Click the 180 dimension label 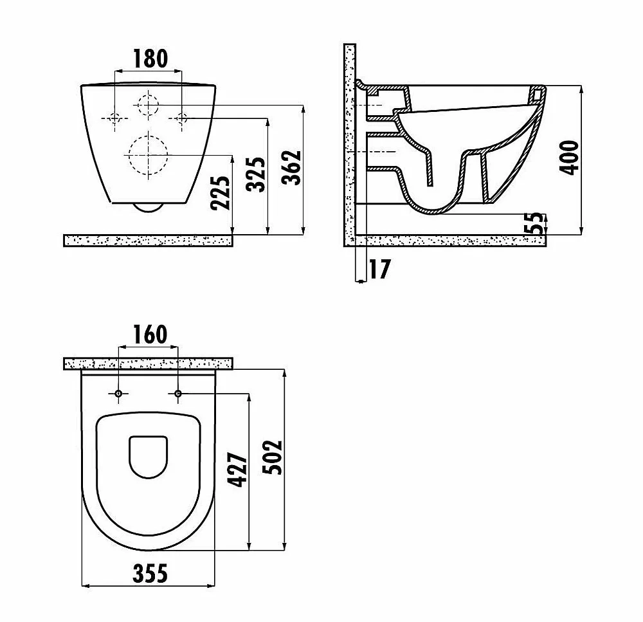(x=150, y=59)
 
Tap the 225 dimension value (x=221, y=193)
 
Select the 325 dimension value (x=256, y=174)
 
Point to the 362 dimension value (x=291, y=168)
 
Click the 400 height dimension (x=569, y=158)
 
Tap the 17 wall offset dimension (x=380, y=269)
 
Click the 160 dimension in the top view (x=150, y=334)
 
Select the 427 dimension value (x=238, y=470)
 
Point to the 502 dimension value (x=272, y=457)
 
